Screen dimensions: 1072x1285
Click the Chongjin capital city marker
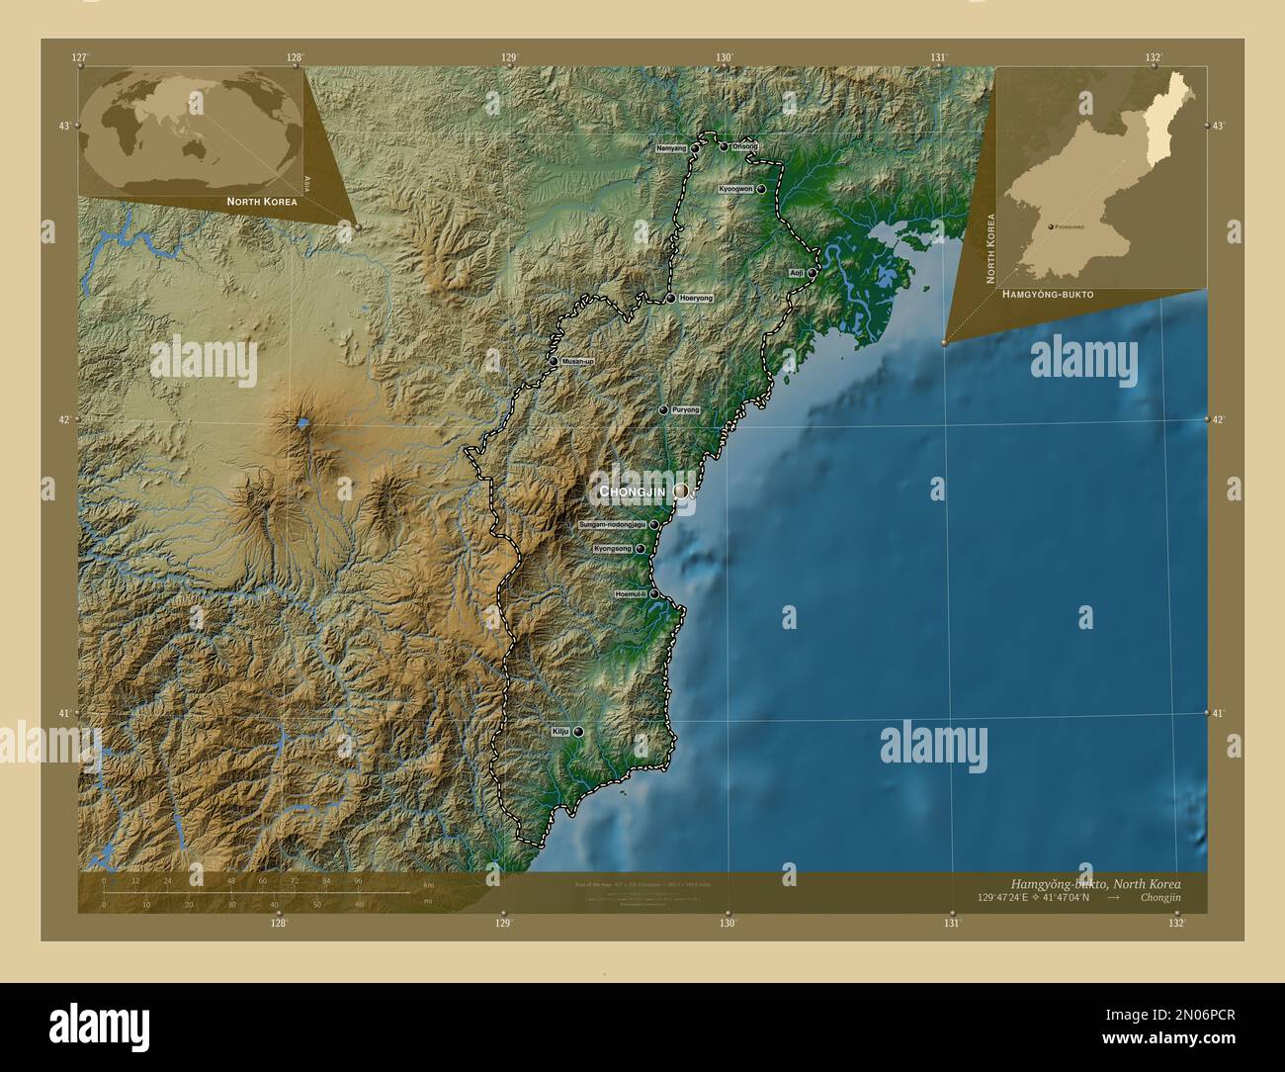click(x=681, y=491)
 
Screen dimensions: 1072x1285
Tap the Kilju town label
click(x=560, y=732)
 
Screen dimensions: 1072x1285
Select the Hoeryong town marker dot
click(x=670, y=298)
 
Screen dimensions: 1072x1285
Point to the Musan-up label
click(x=578, y=362)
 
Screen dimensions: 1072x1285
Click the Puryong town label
click(x=685, y=409)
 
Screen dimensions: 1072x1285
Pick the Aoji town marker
click(x=812, y=273)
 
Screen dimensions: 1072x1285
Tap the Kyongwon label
click(x=736, y=188)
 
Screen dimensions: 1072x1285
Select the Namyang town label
click(x=670, y=148)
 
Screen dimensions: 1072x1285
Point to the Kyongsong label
click(x=613, y=548)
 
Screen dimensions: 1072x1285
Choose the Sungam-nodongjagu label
click(x=612, y=524)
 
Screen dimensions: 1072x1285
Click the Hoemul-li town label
click(x=630, y=594)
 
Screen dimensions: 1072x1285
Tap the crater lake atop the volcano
click(x=302, y=423)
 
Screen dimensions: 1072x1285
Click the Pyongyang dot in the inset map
click(x=1050, y=226)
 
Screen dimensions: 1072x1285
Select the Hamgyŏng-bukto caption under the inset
click(x=1047, y=295)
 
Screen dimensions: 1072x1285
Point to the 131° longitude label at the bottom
click(x=951, y=924)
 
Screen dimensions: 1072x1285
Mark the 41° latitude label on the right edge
click(x=1218, y=712)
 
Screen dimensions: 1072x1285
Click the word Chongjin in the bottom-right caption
click(x=1158, y=897)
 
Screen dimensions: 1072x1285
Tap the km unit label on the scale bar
click(x=428, y=884)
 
